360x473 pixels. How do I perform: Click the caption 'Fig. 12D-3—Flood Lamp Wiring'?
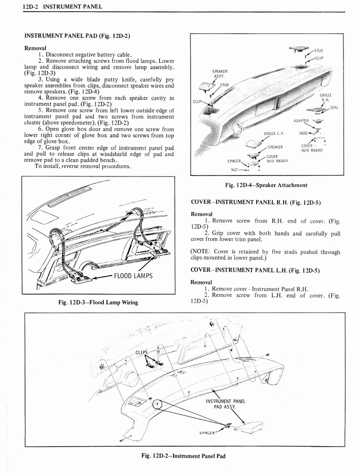(x=98, y=303)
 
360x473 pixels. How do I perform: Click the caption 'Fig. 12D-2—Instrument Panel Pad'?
(x=183, y=456)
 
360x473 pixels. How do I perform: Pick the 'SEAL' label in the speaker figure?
(x=334, y=108)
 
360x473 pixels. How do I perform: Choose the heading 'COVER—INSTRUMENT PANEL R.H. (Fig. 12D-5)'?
(x=256, y=202)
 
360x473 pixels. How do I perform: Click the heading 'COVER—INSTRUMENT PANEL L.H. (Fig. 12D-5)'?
(x=255, y=270)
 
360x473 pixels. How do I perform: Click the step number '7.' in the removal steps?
(x=41, y=148)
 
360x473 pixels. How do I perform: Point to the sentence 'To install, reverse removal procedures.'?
(x=82, y=167)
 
